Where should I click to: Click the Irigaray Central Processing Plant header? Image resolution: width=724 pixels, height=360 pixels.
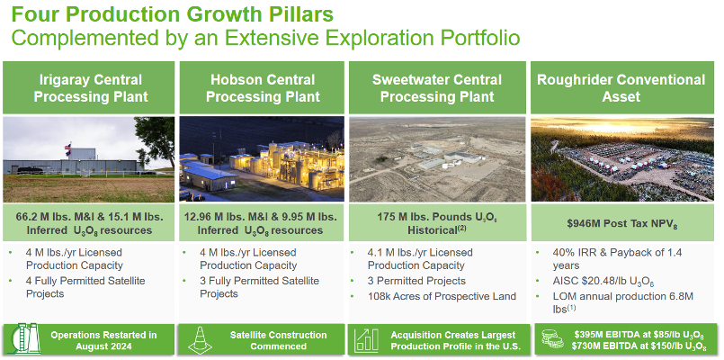pyautogui.click(x=91, y=88)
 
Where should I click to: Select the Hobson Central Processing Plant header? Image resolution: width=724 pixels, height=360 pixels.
pyautogui.click(x=263, y=88)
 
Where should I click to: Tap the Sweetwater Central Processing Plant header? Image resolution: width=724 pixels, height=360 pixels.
pyautogui.click(x=437, y=88)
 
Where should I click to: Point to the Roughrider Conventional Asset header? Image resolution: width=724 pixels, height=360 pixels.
pyautogui.click(x=621, y=88)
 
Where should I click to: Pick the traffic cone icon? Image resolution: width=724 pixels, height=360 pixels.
pyautogui.click(x=200, y=340)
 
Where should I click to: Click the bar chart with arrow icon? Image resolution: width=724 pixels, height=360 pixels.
pyautogui.click(x=366, y=339)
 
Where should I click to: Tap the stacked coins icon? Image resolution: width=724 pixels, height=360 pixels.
pyautogui.click(x=552, y=339)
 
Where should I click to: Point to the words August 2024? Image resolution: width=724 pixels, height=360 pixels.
pyautogui.click(x=104, y=346)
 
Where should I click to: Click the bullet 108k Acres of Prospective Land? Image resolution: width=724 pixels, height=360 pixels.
pyautogui.click(x=442, y=296)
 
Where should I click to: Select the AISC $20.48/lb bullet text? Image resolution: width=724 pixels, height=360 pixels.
pyautogui.click(x=603, y=282)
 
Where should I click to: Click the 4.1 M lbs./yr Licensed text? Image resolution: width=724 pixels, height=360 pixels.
pyautogui.click(x=420, y=253)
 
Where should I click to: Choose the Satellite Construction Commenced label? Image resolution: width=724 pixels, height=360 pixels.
pyautogui.click(x=279, y=340)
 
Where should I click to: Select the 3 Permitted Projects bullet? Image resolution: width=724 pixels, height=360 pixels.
pyautogui.click(x=416, y=281)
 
